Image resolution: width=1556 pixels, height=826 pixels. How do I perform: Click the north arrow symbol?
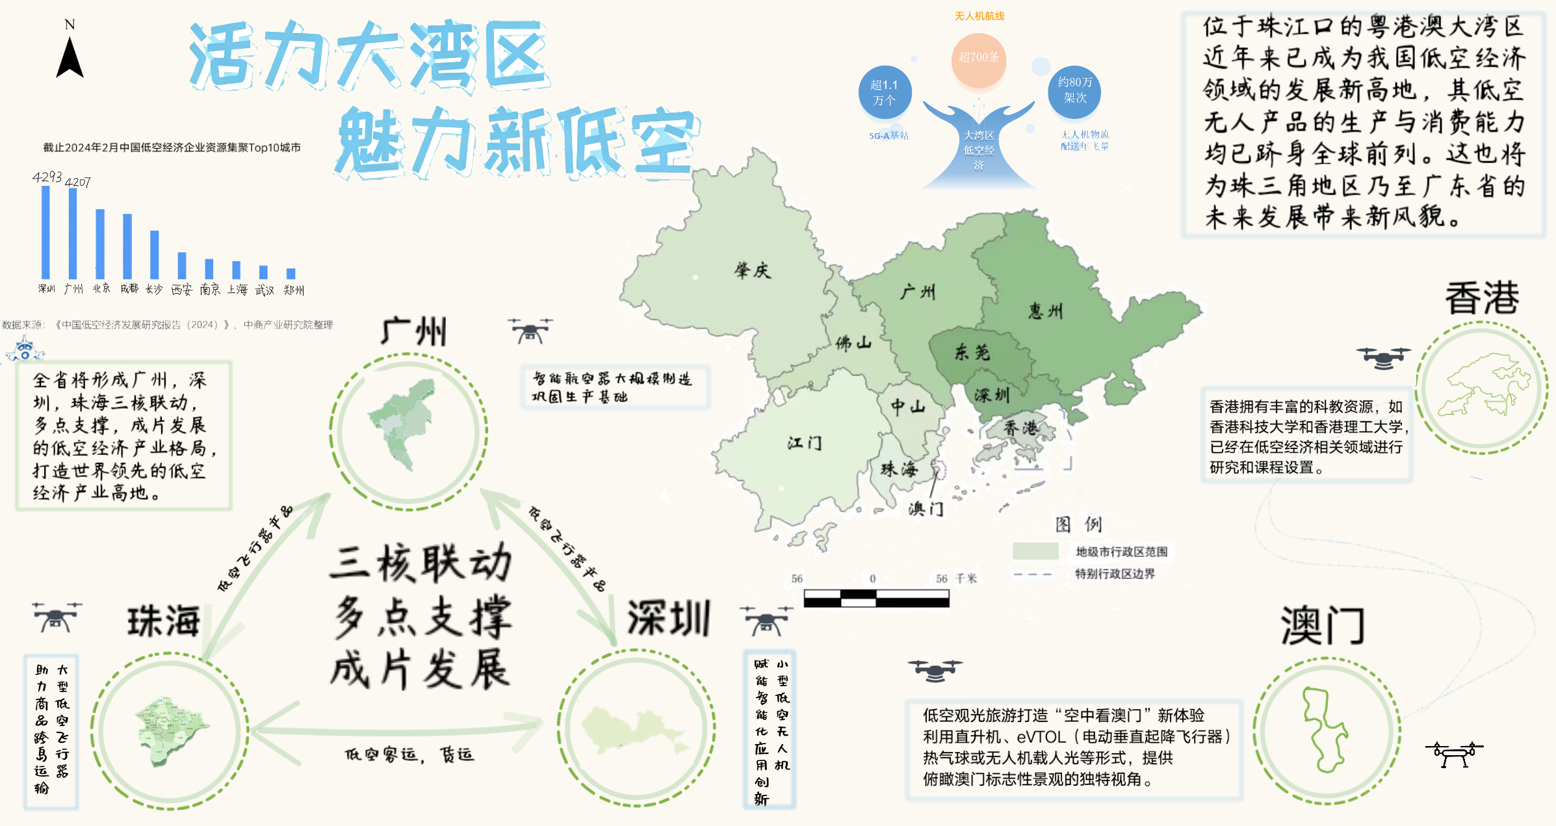point(70,57)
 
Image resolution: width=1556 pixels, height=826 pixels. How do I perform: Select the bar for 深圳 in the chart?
point(45,232)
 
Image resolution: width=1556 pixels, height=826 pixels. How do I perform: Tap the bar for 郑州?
point(291,274)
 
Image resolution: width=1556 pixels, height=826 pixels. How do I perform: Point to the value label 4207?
point(78,183)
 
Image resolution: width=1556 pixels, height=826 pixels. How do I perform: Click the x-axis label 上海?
point(237,290)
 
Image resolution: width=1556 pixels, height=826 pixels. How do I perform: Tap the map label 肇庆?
point(753,270)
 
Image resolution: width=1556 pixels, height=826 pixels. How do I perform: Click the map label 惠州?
point(1046,311)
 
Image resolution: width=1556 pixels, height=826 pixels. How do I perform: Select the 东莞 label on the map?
point(972,352)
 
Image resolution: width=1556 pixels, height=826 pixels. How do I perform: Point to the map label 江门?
point(805,443)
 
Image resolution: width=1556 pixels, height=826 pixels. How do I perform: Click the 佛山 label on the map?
point(853,342)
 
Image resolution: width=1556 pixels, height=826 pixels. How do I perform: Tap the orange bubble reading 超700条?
point(979,58)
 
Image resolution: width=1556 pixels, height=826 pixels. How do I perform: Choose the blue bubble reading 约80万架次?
point(1074,90)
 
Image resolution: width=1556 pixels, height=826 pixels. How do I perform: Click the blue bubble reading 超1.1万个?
point(884,93)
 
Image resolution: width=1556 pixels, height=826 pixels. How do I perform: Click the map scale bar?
point(876,598)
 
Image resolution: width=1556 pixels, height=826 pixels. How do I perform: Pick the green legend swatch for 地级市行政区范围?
point(1035,551)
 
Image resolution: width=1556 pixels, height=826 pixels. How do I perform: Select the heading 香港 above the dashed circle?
point(1481,299)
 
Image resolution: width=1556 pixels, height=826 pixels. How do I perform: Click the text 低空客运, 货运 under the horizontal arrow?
point(409,755)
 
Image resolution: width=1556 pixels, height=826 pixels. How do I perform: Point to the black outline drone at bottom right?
point(1455,755)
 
